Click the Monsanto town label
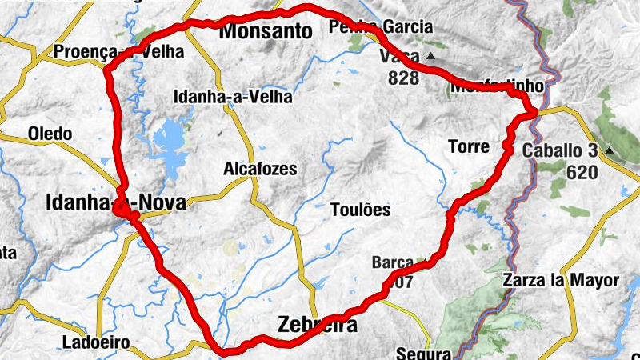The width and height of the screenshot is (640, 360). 265,32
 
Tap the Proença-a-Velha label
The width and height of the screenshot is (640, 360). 118,52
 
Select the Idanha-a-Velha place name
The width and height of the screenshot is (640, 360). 233,97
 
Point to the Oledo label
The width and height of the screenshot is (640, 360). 50,134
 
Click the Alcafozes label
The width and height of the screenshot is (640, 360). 260,169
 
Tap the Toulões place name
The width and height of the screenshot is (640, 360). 360,210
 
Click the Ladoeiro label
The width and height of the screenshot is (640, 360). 95,344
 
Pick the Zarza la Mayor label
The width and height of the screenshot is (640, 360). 561,280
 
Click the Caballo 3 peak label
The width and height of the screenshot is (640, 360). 559,150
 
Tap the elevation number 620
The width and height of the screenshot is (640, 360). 582,171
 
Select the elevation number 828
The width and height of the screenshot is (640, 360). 403,78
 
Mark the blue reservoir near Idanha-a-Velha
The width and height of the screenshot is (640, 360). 170,142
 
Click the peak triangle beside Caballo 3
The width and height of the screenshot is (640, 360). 610,150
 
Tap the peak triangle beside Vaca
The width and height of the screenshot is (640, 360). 431,56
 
